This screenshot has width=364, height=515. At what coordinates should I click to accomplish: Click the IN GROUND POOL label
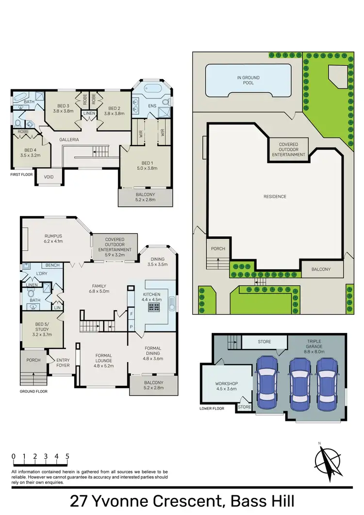(x=248, y=80)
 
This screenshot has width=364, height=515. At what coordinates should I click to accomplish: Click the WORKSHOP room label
(x=227, y=386)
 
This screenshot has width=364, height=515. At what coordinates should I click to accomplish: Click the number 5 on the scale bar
(x=67, y=456)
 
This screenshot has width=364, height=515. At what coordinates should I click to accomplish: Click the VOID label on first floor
(x=49, y=177)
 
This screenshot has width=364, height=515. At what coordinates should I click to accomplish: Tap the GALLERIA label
(x=69, y=139)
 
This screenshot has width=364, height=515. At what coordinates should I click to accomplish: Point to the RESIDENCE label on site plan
(x=275, y=197)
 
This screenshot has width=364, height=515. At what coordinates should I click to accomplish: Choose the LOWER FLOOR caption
(x=212, y=409)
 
